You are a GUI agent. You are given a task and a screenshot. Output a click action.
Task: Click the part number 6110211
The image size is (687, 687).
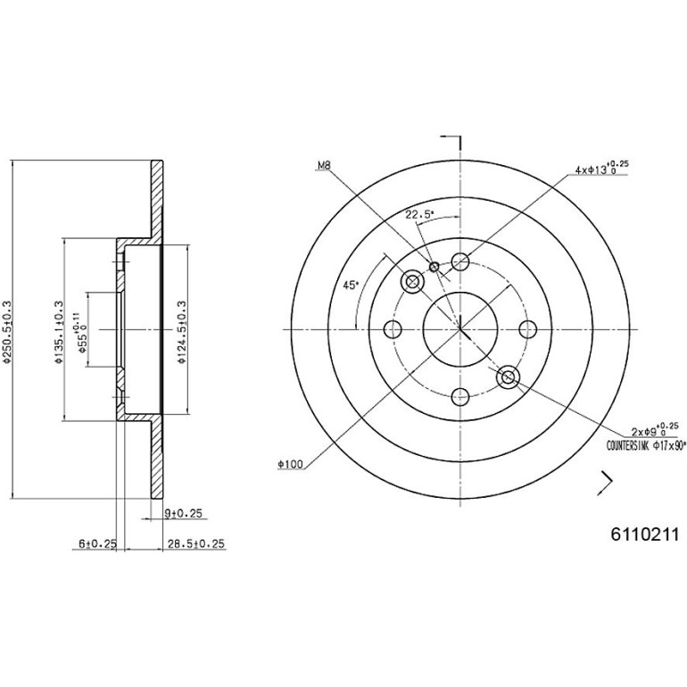(644, 534)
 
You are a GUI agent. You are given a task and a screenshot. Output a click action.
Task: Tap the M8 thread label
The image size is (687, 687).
(324, 166)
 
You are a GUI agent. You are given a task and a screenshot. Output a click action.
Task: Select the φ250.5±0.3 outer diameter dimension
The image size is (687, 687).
(6, 332)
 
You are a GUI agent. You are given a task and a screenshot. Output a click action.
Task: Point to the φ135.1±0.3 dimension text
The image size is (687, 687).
(59, 332)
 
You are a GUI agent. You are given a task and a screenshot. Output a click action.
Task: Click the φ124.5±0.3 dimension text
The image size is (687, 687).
(182, 332)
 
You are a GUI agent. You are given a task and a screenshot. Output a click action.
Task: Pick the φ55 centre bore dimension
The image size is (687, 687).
(81, 332)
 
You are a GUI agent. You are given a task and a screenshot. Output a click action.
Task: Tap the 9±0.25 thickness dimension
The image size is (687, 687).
(183, 513)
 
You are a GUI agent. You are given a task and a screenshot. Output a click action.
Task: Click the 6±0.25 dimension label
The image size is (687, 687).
(98, 543)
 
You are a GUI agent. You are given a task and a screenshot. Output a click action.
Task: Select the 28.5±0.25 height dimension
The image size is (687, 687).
(196, 543)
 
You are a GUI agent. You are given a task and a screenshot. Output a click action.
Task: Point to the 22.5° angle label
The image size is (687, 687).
(419, 215)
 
